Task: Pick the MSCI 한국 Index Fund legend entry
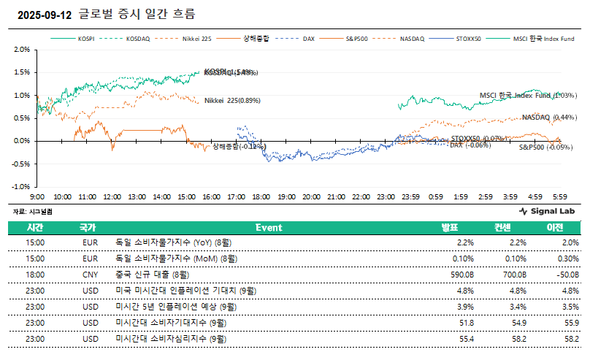point(537,39)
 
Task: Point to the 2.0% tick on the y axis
point(21,50)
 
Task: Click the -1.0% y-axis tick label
point(20,185)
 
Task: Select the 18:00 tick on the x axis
point(261,198)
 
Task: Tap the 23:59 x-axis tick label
point(410,198)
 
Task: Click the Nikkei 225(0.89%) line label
point(232,101)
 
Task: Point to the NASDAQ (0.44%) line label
point(549,118)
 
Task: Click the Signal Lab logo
point(547,211)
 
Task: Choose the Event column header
point(269,227)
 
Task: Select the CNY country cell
point(90,274)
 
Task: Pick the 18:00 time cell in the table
point(36,274)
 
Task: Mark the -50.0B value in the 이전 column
point(566,274)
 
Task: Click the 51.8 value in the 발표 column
point(466,322)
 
